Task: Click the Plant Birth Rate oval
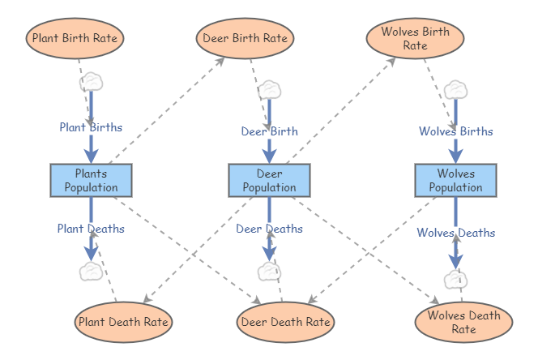point(76,37)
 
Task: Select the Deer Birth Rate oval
point(244,37)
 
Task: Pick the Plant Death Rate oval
point(123,322)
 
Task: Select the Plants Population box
point(91,180)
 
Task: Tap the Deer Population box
point(269,180)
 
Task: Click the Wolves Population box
point(455,180)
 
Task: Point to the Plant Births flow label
point(91,127)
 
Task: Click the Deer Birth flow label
point(269,131)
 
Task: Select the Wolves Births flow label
point(455,131)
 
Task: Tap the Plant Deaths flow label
point(91,229)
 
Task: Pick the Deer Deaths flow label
point(269,229)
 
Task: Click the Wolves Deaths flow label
point(455,233)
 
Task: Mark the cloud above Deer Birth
point(269,89)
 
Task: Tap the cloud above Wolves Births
point(455,89)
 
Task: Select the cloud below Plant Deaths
point(91,271)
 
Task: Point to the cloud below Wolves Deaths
point(455,280)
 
